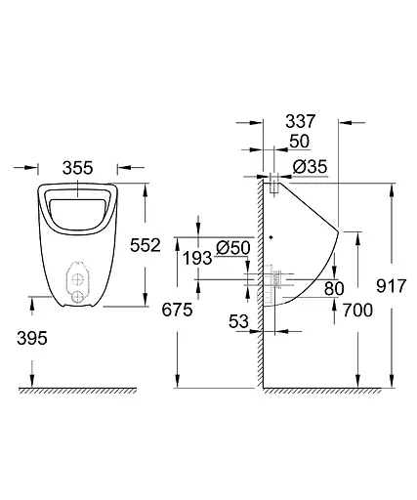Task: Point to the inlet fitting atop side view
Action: click(x=274, y=179)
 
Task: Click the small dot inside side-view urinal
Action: click(x=271, y=237)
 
